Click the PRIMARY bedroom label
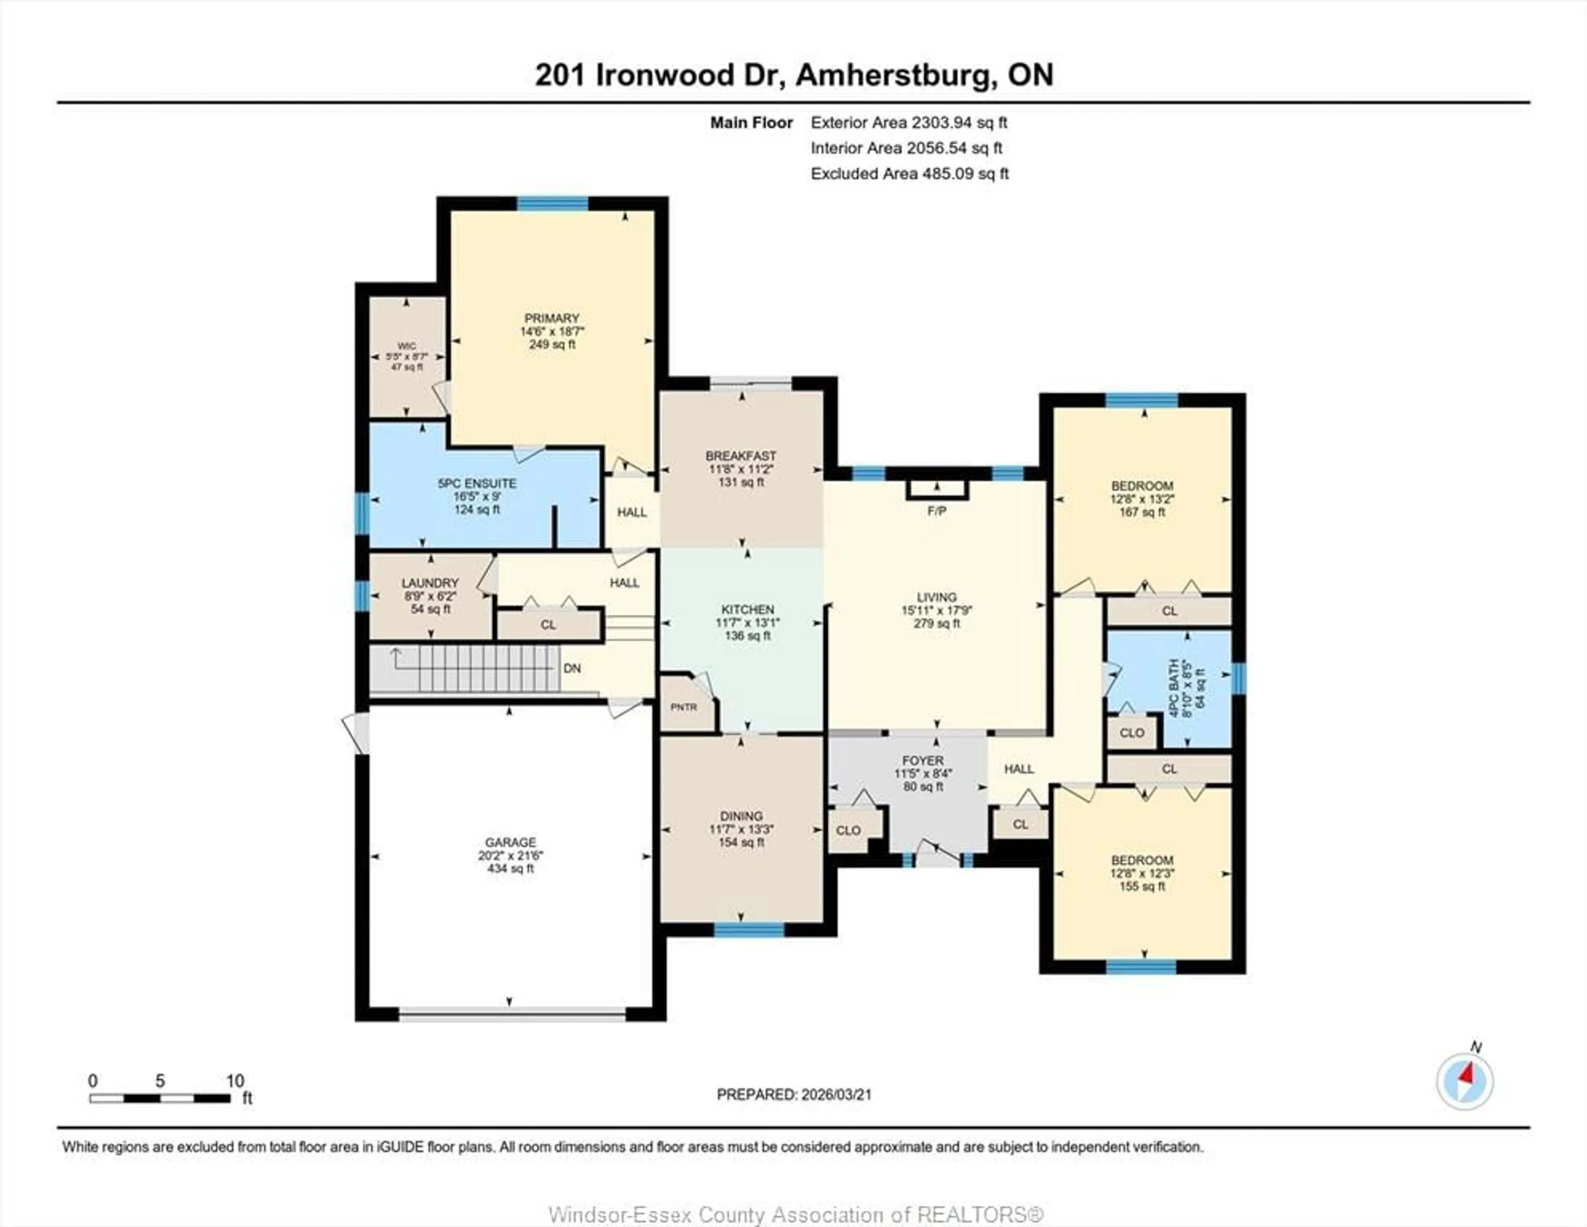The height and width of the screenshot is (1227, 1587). [x=552, y=318]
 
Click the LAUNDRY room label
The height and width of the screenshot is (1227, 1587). [x=430, y=583]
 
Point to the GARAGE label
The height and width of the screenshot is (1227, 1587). [x=510, y=842]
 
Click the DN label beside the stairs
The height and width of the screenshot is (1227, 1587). [x=572, y=668]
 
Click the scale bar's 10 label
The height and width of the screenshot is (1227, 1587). [x=235, y=1081]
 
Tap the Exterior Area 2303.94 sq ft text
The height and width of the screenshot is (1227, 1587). [x=909, y=123]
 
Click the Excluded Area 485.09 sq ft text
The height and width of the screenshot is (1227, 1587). [x=909, y=174]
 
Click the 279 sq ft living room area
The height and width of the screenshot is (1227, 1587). [x=936, y=623]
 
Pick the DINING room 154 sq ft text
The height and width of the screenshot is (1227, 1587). [x=741, y=843]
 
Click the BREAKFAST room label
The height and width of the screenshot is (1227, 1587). [x=741, y=456]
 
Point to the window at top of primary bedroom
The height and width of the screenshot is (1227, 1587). [x=552, y=203]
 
